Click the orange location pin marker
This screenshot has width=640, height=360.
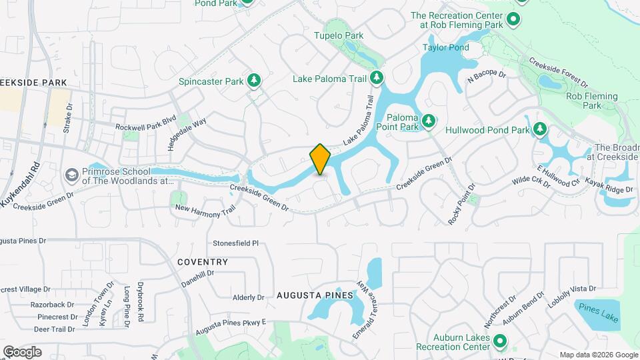320,159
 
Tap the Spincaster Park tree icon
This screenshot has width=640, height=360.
253,81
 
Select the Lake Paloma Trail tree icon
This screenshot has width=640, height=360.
377,79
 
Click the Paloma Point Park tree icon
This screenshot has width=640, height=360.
430,121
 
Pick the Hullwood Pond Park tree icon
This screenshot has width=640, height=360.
540,129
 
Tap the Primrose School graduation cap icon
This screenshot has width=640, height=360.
71,175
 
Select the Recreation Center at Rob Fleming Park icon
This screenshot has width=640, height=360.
513,19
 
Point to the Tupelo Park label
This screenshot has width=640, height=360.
339,35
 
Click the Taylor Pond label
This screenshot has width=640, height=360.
446,47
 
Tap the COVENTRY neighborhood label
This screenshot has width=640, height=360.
203,262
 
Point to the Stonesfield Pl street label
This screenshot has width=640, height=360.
235,243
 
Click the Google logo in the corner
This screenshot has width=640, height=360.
23,351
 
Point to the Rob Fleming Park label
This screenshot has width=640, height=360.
584,101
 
